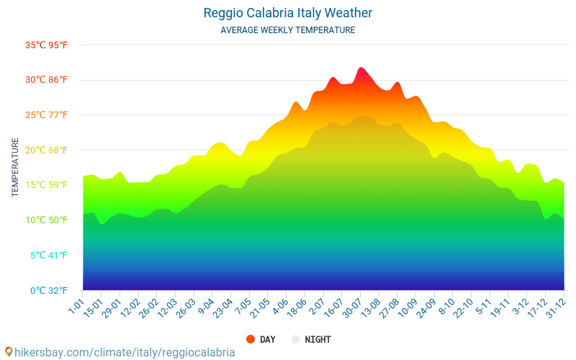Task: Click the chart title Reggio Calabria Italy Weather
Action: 287,13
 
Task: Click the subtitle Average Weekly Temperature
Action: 287,30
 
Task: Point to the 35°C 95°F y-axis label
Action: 47,45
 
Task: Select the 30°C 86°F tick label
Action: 47,80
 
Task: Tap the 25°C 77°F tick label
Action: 47,115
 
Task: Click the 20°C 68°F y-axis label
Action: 47,150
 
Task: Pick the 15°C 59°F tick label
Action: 47,185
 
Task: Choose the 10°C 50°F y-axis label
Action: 47,220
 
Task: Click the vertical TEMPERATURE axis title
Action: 15,168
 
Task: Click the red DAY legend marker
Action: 251,339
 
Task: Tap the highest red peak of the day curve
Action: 361,68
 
